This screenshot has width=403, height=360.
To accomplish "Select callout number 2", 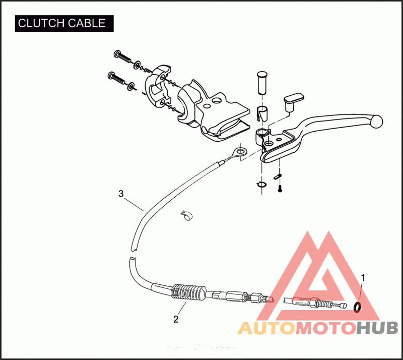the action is pos(175,319).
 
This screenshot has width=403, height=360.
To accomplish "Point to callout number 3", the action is pos(120,193).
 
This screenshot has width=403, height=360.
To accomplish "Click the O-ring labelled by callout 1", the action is pos(358,307).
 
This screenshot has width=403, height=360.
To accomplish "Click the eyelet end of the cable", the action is pos(240,151).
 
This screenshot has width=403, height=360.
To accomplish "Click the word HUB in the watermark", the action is pos(377,329).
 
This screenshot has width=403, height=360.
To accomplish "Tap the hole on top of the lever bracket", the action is pos(217,101).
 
